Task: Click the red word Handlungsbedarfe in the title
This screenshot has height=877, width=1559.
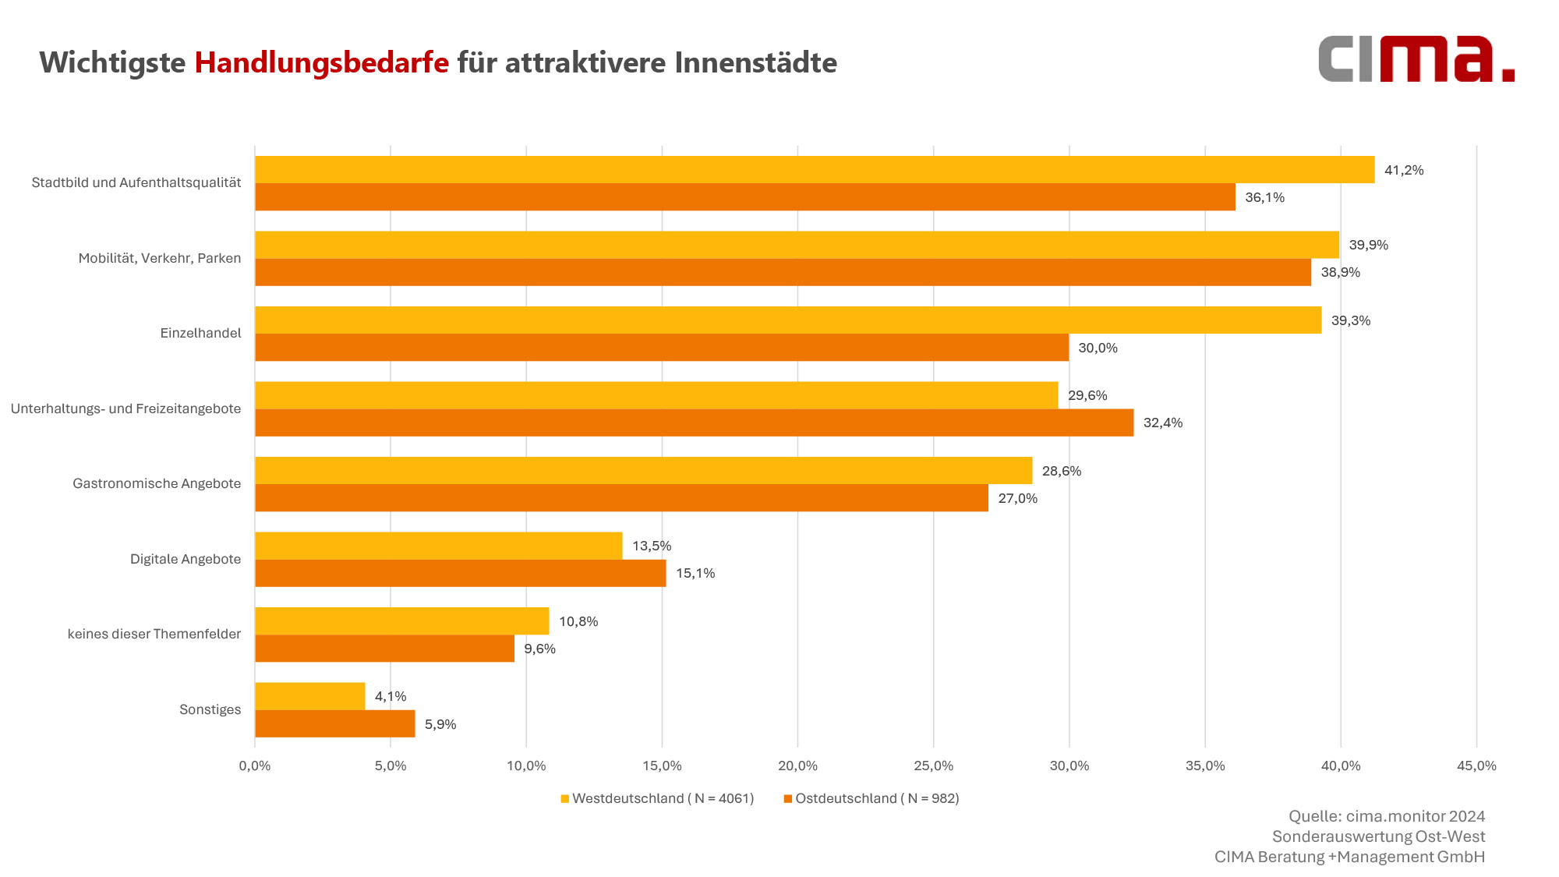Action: point(321,62)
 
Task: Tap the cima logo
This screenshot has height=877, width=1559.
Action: point(1416,59)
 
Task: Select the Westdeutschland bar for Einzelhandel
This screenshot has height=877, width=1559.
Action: point(787,320)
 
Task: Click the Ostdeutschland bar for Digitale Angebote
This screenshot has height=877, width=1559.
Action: point(460,573)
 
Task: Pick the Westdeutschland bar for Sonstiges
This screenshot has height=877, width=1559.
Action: point(309,696)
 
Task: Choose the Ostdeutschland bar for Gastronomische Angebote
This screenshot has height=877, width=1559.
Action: point(621,498)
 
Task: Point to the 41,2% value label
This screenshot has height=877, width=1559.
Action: point(1403,170)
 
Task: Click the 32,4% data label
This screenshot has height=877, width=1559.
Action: point(1162,423)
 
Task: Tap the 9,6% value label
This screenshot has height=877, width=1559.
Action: point(539,649)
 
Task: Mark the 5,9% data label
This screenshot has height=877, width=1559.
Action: point(440,724)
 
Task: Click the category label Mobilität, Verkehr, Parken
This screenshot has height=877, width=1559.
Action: point(159,258)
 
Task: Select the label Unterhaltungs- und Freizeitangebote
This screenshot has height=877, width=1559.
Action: point(125,408)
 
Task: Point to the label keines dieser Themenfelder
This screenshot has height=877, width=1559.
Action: point(154,634)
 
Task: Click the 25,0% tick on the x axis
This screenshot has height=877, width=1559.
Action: point(933,766)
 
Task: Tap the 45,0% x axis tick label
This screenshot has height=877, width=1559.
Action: point(1476,766)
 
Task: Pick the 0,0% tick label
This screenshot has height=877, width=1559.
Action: point(255,766)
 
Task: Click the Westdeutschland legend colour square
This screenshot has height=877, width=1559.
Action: point(564,798)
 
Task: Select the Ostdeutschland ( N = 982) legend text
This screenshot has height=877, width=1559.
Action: point(877,798)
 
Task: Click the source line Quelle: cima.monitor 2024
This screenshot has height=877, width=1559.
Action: point(1386,816)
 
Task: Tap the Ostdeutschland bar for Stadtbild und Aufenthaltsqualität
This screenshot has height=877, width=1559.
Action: point(744,197)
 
